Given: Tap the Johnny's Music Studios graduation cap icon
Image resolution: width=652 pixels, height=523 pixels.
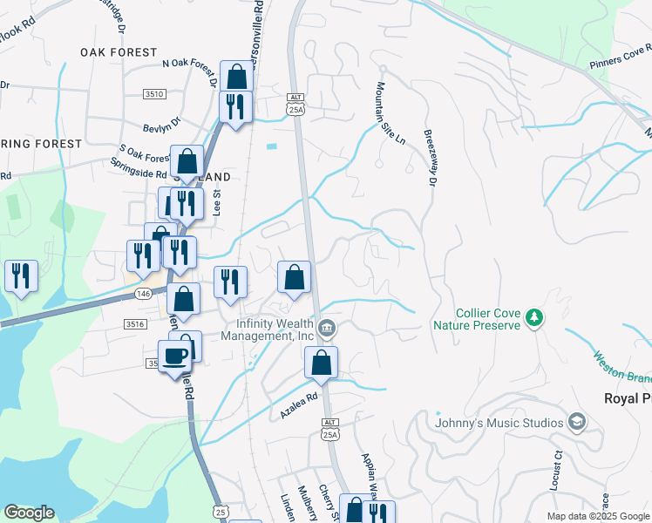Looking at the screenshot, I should tap(576, 423).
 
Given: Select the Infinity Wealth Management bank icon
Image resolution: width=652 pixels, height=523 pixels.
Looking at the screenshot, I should tap(327, 330).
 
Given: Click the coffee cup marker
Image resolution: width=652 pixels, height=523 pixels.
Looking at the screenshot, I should tap(175, 357).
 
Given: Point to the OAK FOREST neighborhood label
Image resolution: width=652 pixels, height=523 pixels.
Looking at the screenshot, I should tap(119, 52).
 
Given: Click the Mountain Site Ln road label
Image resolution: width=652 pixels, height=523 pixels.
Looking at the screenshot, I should tap(391, 113).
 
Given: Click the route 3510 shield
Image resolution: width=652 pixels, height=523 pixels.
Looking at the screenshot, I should tap(154, 93).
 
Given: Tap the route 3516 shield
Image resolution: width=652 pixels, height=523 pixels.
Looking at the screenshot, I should tap(134, 323).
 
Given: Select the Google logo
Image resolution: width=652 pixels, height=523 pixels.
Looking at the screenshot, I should tap(29, 512).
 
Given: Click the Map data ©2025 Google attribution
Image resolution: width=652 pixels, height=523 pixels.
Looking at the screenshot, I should tap(597, 516).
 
